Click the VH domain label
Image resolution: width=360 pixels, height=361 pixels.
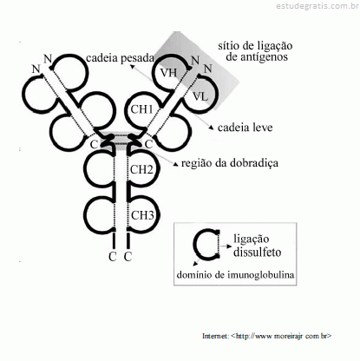click(x=168, y=72)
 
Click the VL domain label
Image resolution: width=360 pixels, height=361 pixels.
click(x=200, y=95)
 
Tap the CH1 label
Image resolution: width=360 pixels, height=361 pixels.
click(x=141, y=109)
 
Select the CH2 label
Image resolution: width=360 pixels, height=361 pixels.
click(x=141, y=169)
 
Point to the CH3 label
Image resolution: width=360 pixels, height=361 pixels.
click(x=142, y=215)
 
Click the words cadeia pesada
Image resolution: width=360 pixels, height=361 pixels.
click(x=120, y=58)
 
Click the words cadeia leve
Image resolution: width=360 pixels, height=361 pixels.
click(x=245, y=128)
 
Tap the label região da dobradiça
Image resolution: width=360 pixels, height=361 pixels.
click(x=230, y=163)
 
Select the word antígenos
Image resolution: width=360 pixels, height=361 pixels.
click(x=257, y=56)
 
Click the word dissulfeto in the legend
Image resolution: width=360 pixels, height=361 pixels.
click(x=257, y=252)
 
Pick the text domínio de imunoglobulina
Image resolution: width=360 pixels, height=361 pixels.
click(x=235, y=275)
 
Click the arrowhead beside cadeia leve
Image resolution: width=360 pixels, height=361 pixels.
click(x=212, y=128)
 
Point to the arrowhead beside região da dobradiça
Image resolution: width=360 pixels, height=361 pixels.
click(x=175, y=164)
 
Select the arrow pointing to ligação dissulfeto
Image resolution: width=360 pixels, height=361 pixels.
click(x=226, y=246)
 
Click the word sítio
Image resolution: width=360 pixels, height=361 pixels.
click(x=227, y=46)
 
